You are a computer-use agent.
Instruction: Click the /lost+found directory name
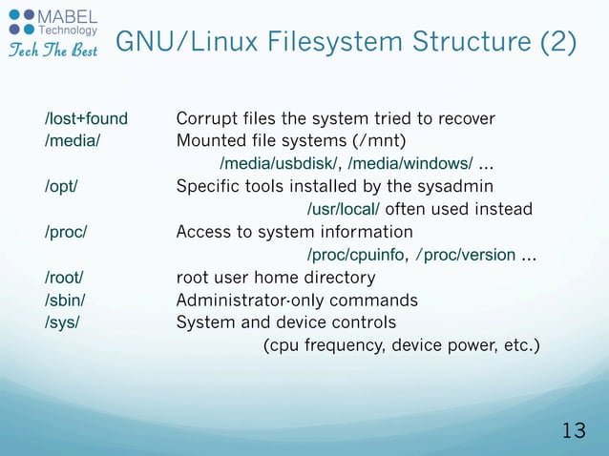tap(86, 119)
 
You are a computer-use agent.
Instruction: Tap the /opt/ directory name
tap(62, 186)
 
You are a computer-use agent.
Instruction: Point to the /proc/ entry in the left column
tap(67, 232)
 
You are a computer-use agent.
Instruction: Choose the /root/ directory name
tap(64, 278)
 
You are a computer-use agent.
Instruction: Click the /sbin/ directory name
tap(65, 301)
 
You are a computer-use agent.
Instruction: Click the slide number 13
tap(574, 430)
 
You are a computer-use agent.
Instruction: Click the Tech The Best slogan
tap(52, 50)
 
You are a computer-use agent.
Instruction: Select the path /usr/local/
tap(344, 210)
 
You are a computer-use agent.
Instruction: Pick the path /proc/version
tap(466, 256)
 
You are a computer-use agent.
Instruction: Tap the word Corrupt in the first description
tap(204, 119)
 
